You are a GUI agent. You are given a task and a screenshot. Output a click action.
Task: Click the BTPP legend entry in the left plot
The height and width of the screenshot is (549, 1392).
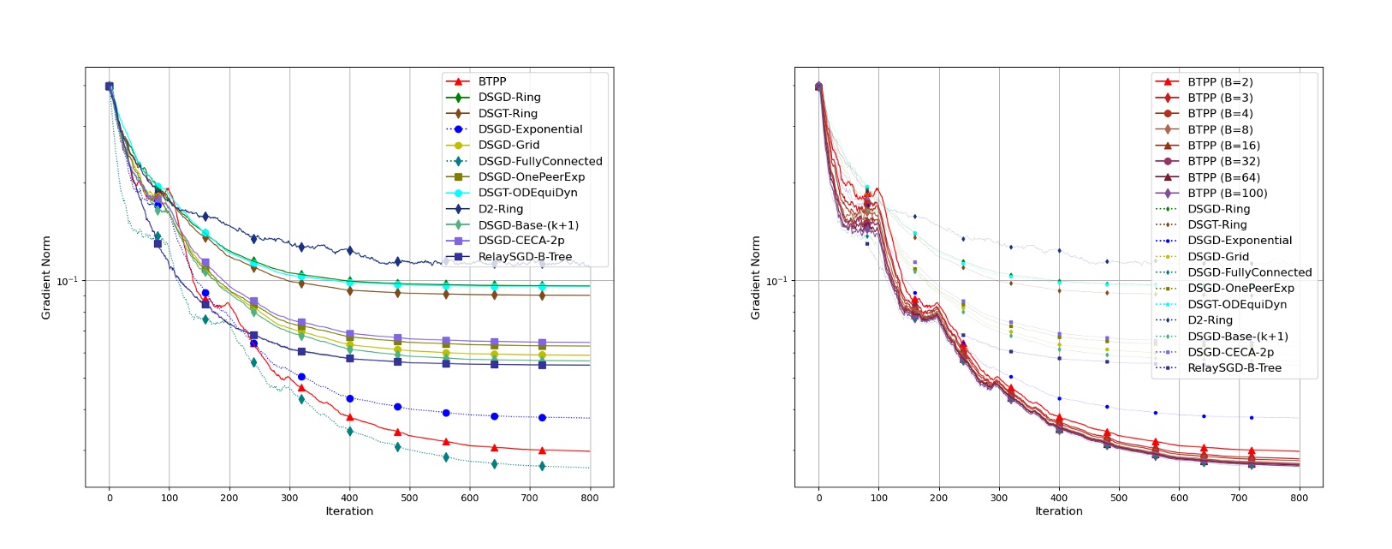click(492, 81)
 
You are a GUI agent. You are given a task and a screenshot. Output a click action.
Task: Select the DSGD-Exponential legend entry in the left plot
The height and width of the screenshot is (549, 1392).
click(530, 129)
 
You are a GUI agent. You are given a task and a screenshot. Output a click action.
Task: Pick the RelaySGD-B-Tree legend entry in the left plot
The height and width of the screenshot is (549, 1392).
click(525, 256)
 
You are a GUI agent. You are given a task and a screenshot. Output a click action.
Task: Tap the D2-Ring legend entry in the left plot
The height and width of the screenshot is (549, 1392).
click(501, 209)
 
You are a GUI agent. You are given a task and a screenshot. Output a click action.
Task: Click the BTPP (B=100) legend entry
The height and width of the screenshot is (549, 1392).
click(1227, 194)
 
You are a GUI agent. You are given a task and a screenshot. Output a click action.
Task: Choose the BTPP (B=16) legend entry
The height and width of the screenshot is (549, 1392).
click(1223, 146)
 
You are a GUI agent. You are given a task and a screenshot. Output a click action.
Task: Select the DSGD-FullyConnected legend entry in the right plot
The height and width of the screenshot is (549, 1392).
click(1249, 272)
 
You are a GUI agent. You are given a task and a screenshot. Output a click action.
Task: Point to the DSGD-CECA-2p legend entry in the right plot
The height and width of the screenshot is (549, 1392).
click(1230, 352)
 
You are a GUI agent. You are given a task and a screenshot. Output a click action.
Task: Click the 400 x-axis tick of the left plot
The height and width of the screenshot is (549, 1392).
click(349, 498)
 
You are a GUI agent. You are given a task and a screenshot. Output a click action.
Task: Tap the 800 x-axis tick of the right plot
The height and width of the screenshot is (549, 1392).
click(1299, 498)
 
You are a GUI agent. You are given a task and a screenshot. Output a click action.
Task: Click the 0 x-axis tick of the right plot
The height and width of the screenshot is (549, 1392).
click(818, 498)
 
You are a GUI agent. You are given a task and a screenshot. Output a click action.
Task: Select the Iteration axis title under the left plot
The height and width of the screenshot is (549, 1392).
click(349, 511)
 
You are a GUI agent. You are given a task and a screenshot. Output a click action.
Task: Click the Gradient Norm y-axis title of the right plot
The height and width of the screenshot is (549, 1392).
click(755, 278)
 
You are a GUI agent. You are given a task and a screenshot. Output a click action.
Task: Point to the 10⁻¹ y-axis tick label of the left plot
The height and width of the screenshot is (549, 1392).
click(67, 281)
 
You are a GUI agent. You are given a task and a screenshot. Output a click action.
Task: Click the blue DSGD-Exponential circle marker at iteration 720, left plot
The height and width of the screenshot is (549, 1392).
click(542, 418)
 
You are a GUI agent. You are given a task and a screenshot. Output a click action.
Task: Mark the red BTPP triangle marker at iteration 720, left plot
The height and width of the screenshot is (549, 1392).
click(542, 451)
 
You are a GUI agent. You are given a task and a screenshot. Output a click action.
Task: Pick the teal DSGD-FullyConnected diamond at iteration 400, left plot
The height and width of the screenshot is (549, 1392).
click(349, 431)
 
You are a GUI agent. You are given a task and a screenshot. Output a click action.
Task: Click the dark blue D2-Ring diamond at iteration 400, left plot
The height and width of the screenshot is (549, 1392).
click(349, 251)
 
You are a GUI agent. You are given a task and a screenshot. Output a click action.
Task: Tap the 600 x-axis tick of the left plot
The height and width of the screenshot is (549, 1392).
click(470, 498)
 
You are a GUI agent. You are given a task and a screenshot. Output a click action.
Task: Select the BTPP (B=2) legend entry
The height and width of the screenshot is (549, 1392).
click(1220, 82)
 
